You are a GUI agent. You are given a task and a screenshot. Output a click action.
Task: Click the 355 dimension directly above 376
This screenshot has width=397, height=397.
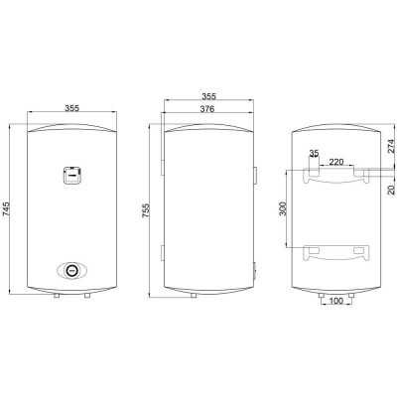pyautogui.click(x=207, y=97)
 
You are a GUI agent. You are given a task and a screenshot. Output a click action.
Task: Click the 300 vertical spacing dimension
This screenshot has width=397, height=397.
pyautogui.click(x=283, y=208)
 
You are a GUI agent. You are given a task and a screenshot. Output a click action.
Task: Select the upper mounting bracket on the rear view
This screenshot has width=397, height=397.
pyautogui.click(x=336, y=174)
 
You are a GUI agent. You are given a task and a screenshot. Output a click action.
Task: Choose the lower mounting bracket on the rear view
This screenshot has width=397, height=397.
pyautogui.click(x=336, y=249)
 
